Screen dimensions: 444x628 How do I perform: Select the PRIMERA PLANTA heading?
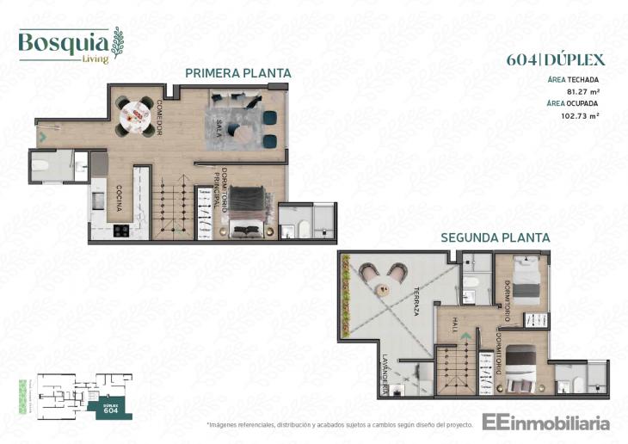click(237, 73)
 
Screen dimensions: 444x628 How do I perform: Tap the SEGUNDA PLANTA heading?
click(495, 237)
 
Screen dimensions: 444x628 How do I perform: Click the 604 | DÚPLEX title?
click(557, 59)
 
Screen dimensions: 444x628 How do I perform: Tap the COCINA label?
click(119, 199)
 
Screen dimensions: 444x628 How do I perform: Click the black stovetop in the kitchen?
click(120, 231)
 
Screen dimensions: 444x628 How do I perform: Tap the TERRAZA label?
click(414, 301)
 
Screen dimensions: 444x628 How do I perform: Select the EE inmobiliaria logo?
click(546, 422)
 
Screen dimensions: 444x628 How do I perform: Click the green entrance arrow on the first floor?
click(41, 135)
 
